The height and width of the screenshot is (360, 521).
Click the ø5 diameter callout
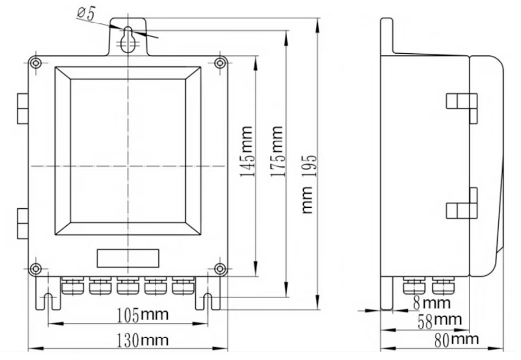pyautogui.click(x=86, y=14)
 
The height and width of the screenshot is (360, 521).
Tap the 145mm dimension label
pyautogui.click(x=247, y=151)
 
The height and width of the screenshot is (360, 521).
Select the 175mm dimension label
pyautogui.click(x=277, y=151)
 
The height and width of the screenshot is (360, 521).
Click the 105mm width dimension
pyautogui.click(x=142, y=315)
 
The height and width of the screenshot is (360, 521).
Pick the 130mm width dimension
pyautogui.click(x=142, y=340)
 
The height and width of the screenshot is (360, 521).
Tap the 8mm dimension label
pyautogui.click(x=432, y=303)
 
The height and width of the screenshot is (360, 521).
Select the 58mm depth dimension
pyautogui.click(x=440, y=321)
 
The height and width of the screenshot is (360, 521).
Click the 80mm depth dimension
pyautogui.click(x=456, y=340)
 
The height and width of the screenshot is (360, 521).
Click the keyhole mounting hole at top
pyautogui.click(x=128, y=40)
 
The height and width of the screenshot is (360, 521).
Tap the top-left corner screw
pyautogui.click(x=35, y=63)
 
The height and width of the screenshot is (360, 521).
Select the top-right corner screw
pyautogui.click(x=220, y=63)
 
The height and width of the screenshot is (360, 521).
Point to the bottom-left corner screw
pyautogui.click(x=35, y=269)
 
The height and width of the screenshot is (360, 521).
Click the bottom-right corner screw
pyautogui.click(x=220, y=269)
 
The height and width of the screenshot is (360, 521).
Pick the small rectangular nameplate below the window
pyautogui.click(x=128, y=259)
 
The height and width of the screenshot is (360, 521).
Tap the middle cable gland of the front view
pyautogui.click(x=128, y=286)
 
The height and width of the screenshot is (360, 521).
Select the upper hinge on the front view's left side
pyautogui.click(x=23, y=109)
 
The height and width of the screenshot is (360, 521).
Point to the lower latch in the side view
pyautogui.click(x=462, y=203)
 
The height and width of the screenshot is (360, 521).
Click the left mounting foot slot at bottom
pyautogui.click(x=49, y=301)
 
